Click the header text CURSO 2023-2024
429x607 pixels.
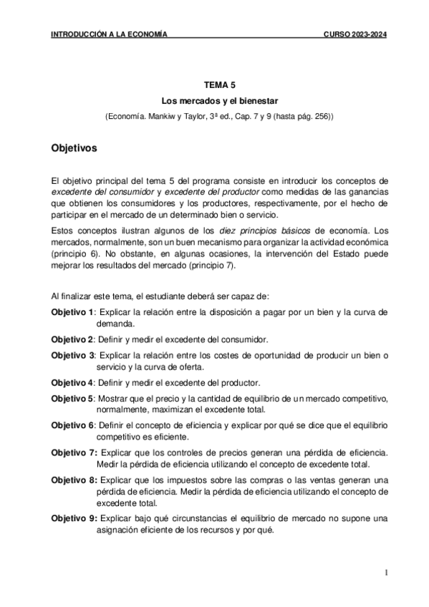pyautogui.click(x=354, y=34)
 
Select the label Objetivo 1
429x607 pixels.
pyautogui.click(x=72, y=312)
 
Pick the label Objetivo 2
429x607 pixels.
pyautogui.click(x=72, y=339)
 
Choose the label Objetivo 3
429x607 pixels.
pyautogui.click(x=72, y=355)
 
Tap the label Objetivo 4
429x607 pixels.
pyautogui.click(x=72, y=382)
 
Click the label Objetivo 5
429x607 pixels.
pyautogui.click(x=72, y=398)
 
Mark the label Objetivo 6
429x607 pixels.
pyautogui.click(x=72, y=425)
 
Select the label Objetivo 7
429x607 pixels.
pyautogui.click(x=73, y=452)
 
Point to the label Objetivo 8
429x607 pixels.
pyautogui.click(x=73, y=480)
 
